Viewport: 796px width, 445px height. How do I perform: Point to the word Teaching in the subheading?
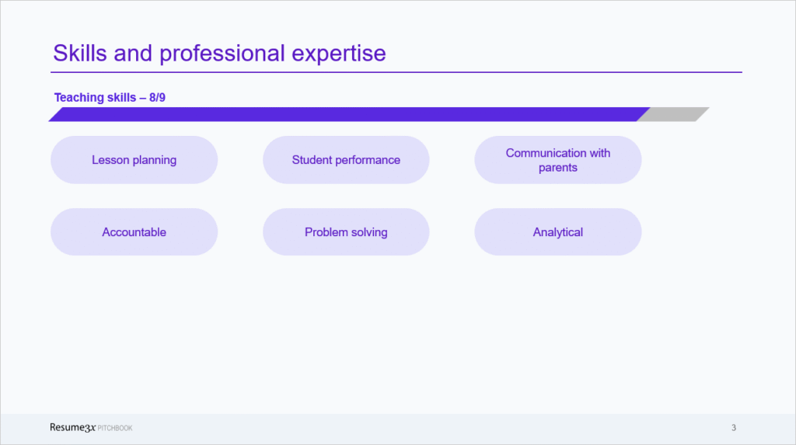click(x=79, y=98)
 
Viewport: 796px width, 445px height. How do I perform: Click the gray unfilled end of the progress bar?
click(x=673, y=115)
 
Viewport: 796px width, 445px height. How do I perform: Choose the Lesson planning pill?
click(x=134, y=160)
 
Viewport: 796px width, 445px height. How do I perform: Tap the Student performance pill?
click(x=346, y=160)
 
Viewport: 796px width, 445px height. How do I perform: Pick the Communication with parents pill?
click(x=558, y=160)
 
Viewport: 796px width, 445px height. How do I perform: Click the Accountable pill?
click(x=134, y=232)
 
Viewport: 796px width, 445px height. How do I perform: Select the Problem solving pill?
click(x=346, y=232)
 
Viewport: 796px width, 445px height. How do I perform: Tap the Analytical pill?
click(x=558, y=232)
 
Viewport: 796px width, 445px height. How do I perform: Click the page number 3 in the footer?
click(x=734, y=428)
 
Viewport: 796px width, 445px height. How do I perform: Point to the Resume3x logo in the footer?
click(x=72, y=428)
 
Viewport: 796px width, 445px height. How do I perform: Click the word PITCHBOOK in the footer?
click(x=116, y=429)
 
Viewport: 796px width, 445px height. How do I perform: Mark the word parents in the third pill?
click(x=558, y=168)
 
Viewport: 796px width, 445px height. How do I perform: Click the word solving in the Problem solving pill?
click(x=368, y=232)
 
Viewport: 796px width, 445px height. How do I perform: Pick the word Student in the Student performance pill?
click(x=312, y=160)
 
